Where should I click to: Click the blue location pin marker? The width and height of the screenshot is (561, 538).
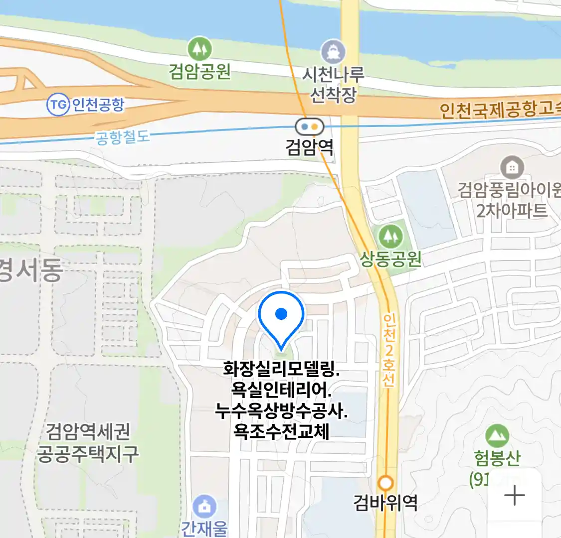click(x=281, y=315)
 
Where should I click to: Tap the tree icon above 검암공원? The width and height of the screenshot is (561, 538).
click(x=199, y=49)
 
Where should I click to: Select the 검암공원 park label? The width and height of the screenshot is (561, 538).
click(x=199, y=72)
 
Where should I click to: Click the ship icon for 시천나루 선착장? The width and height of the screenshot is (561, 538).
click(x=333, y=52)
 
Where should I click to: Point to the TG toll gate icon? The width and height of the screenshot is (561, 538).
click(x=58, y=105)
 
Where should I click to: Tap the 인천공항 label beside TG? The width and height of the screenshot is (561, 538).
click(x=98, y=105)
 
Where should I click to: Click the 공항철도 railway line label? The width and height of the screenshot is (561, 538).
click(x=122, y=136)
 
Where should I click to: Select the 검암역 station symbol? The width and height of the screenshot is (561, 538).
click(x=309, y=127)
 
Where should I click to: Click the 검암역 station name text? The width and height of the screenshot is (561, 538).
click(x=309, y=147)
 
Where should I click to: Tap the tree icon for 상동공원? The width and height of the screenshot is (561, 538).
click(x=390, y=236)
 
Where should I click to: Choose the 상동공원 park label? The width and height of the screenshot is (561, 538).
click(x=391, y=259)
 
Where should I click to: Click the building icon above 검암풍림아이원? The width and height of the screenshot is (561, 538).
click(x=512, y=168)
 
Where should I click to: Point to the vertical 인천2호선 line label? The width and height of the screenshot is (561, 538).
click(x=389, y=350)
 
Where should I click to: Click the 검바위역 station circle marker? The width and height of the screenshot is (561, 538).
click(x=385, y=483)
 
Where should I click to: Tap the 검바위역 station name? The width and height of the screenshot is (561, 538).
click(x=385, y=502)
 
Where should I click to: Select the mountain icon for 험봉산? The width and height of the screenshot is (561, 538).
click(x=497, y=436)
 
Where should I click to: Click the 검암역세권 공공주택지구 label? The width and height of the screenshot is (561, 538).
click(x=88, y=442)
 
